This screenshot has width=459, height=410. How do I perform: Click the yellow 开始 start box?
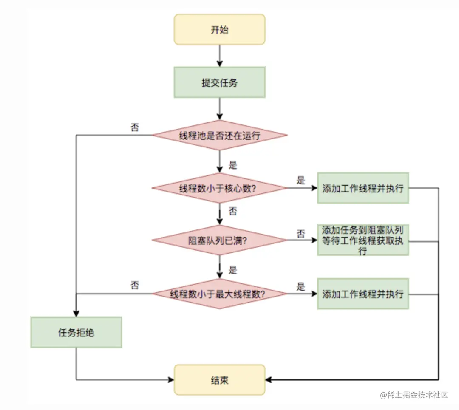click(x=219, y=29)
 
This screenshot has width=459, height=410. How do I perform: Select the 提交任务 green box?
click(x=219, y=82)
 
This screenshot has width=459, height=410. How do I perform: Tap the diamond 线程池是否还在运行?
click(x=219, y=136)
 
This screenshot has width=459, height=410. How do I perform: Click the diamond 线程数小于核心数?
click(x=219, y=188)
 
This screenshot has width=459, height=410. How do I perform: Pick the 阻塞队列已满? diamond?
click(x=219, y=240)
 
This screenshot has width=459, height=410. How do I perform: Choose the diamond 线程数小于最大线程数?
click(x=219, y=294)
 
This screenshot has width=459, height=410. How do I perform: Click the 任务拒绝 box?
click(x=76, y=332)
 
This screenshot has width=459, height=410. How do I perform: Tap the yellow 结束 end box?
click(x=219, y=380)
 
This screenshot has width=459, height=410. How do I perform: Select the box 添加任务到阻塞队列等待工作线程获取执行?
click(x=363, y=240)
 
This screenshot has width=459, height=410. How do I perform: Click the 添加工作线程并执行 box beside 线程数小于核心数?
click(x=363, y=188)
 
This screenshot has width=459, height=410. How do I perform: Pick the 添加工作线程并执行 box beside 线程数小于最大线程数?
click(x=363, y=294)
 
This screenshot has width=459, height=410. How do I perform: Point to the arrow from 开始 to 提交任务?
click(x=219, y=55)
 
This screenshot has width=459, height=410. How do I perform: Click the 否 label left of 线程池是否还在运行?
click(x=134, y=127)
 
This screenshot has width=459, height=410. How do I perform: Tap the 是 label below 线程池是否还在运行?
click(x=233, y=165)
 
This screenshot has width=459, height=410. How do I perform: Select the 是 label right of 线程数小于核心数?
click(x=301, y=180)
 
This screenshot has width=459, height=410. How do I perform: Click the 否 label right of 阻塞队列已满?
click(x=301, y=233)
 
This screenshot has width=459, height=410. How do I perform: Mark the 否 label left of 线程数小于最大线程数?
click(x=134, y=286)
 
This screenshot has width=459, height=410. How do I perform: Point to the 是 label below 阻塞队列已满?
click(x=233, y=270)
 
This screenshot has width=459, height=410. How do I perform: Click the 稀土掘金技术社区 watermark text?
click(x=414, y=395)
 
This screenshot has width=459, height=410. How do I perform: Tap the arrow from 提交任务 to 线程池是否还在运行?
click(x=219, y=109)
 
